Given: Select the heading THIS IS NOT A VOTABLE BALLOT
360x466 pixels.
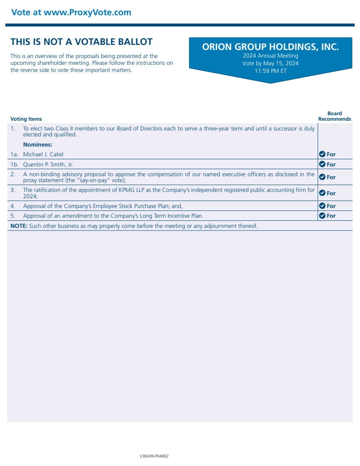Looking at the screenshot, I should pyautogui.click(x=81, y=42).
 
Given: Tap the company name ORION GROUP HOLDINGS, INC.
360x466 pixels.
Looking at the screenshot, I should pyautogui.click(x=271, y=47).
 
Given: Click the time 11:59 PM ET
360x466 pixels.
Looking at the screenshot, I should pyautogui.click(x=271, y=71).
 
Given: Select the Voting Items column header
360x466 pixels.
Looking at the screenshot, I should pyautogui.click(x=26, y=119).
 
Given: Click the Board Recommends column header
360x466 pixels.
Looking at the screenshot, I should pyautogui.click(x=335, y=116).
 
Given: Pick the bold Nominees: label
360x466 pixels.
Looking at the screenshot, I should pyautogui.click(x=38, y=144).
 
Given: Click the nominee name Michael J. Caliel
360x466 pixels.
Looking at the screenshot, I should pyautogui.click(x=43, y=154).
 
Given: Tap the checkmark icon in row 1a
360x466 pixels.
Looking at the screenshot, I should pyautogui.click(x=322, y=154).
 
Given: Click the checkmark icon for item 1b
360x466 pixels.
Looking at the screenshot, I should pyautogui.click(x=322, y=164).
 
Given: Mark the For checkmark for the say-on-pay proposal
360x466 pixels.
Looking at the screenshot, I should pyautogui.click(x=322, y=177).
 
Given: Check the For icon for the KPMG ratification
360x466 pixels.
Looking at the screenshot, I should pyautogui.click(x=322, y=193).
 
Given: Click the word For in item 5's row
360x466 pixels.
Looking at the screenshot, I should pyautogui.click(x=331, y=216).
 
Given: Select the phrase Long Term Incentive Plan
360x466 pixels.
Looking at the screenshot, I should pyautogui.click(x=166, y=216).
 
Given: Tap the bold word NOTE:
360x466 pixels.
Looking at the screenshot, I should pyautogui.click(x=19, y=226).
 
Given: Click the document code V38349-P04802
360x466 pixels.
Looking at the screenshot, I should pyautogui.click(x=154, y=456).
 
